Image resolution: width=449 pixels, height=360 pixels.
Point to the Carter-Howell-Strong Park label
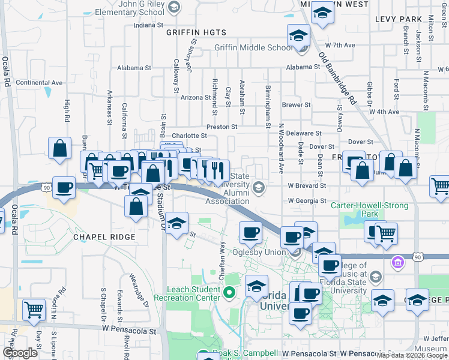[x=369, y=209]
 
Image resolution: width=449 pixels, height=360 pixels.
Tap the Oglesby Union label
[x=260, y=253]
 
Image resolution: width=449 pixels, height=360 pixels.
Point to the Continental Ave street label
[x=39, y=83]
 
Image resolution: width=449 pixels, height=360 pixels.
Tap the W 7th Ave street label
[x=340, y=45]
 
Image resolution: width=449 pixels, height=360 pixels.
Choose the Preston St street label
[x=222, y=127]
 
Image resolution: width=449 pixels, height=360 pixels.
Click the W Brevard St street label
[x=306, y=186]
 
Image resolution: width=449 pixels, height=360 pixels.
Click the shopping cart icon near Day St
[x=34, y=310]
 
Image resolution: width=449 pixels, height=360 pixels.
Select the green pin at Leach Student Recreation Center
[x=229, y=293]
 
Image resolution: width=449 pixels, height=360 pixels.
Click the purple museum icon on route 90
[x=396, y=262]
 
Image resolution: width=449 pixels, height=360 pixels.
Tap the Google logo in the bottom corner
[x=20, y=353]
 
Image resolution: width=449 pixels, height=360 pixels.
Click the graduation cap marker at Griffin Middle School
[x=298, y=35]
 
